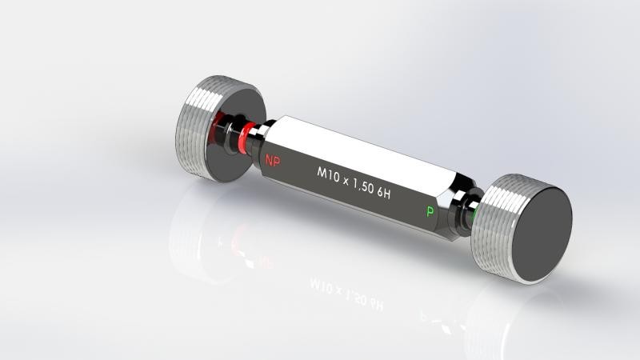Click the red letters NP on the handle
tap(273, 160)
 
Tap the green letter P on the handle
tap(430, 211)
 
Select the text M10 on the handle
tap(329, 174)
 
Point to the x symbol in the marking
tap(346, 182)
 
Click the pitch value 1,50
tap(363, 186)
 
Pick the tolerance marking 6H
tap(383, 193)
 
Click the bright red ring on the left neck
tap(245, 138)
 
